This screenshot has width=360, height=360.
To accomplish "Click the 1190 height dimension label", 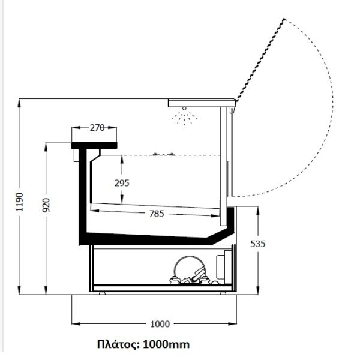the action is tap(20, 202).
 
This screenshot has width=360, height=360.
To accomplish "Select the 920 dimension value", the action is tap(46, 205).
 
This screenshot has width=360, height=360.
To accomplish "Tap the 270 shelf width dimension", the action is tap(97, 128).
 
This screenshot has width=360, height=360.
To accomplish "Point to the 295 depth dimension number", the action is tap(122, 183).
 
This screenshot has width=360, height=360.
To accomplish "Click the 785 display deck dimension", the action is tap(157, 214).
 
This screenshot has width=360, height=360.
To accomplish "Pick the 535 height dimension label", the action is tap(258, 244).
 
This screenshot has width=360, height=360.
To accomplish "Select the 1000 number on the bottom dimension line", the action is tap(160, 324).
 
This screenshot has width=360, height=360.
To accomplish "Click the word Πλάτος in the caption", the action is tap(118, 344).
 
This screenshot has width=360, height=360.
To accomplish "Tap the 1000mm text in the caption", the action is tap(166, 344).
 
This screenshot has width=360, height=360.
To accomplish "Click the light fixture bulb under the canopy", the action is tap(184, 109).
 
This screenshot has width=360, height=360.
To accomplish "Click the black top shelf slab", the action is tap(94, 146).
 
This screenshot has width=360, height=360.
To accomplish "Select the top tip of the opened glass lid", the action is tap(284, 19).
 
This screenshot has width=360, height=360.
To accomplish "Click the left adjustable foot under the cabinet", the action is tap(102, 293).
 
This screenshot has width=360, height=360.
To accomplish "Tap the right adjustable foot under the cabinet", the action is tap(223, 293).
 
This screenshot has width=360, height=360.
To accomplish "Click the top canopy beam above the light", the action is tap(202, 103).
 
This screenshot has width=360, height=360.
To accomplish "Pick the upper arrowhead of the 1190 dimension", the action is tap(19, 103).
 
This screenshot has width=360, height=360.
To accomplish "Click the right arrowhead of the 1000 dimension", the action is tap(232, 324).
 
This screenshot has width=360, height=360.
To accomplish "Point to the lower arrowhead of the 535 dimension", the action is tap(258, 290).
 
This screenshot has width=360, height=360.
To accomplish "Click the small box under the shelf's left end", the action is tap(76, 155).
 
